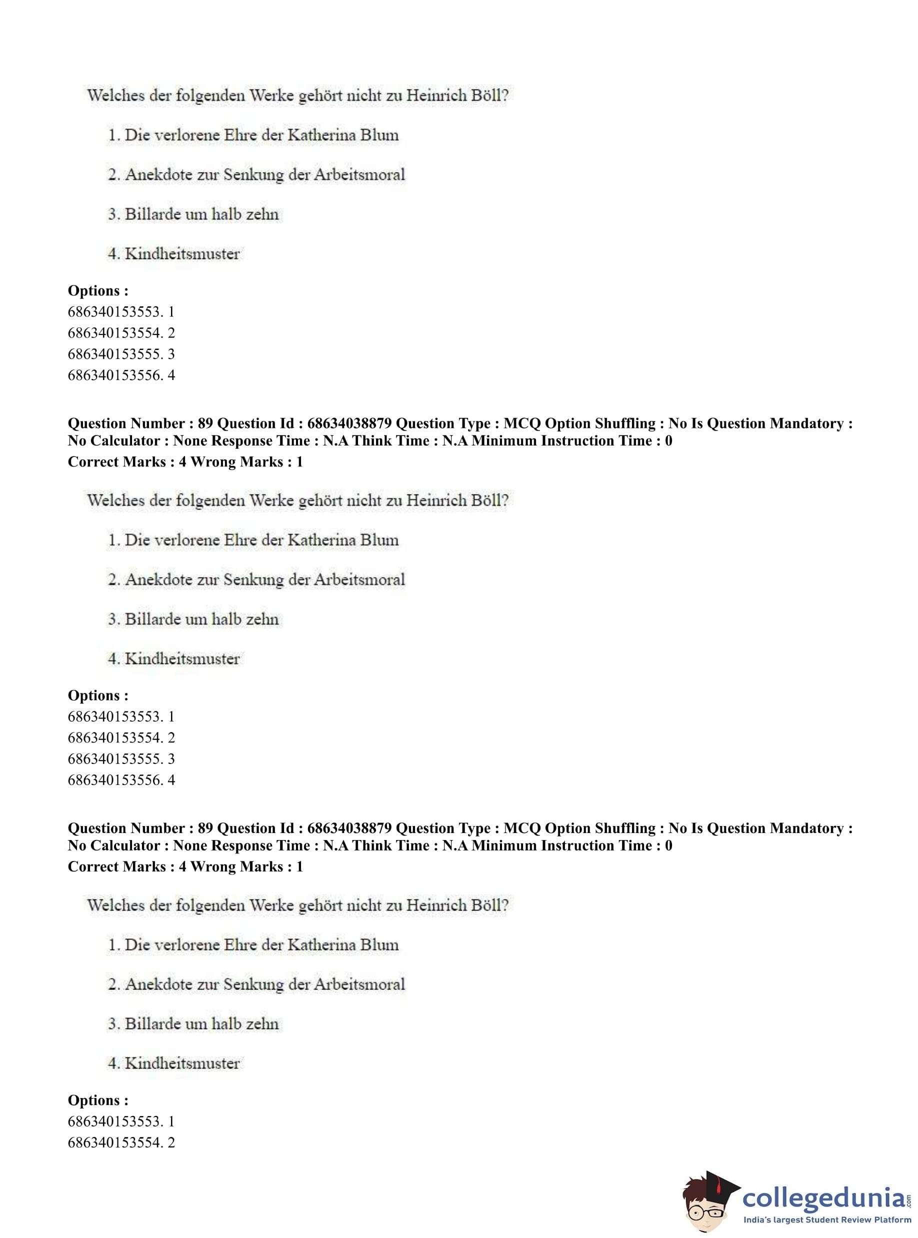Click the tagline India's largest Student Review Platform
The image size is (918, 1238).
click(x=827, y=1220)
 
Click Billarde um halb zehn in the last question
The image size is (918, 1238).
click(x=201, y=1023)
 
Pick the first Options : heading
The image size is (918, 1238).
click(x=98, y=290)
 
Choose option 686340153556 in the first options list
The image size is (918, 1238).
click(x=121, y=375)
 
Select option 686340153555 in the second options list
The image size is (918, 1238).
click(x=121, y=758)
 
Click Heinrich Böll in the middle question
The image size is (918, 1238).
click(x=457, y=500)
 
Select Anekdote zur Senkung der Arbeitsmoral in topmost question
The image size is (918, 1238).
click(x=264, y=174)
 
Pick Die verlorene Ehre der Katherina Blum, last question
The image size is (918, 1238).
click(x=261, y=944)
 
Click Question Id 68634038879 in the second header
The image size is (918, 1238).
click(x=304, y=828)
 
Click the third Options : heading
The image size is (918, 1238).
click(x=98, y=1100)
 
